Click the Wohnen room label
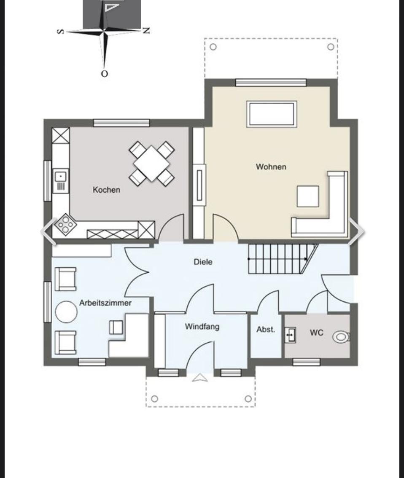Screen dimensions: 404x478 click(271, 167)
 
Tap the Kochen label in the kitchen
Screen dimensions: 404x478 click(106, 190)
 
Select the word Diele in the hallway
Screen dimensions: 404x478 click(203, 262)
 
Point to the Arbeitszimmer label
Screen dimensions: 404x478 click(105, 303)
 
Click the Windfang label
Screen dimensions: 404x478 click(202, 327)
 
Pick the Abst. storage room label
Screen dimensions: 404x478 click(266, 329)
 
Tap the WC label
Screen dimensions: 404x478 click(316, 333)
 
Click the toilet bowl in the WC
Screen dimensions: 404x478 click(341, 337)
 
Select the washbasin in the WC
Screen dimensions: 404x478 click(291, 336)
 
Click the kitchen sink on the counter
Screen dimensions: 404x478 click(61, 181)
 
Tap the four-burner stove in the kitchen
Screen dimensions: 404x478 click(65, 224)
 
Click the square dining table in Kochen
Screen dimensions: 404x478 click(151, 163)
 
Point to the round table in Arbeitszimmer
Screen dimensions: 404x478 click(66, 312)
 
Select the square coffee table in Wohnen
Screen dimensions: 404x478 click(308, 196)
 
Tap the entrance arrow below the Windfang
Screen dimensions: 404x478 click(200, 378)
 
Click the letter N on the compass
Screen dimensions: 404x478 click(146, 30)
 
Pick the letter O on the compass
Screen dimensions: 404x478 click(104, 74)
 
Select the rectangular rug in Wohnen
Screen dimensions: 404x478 click(272, 114)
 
